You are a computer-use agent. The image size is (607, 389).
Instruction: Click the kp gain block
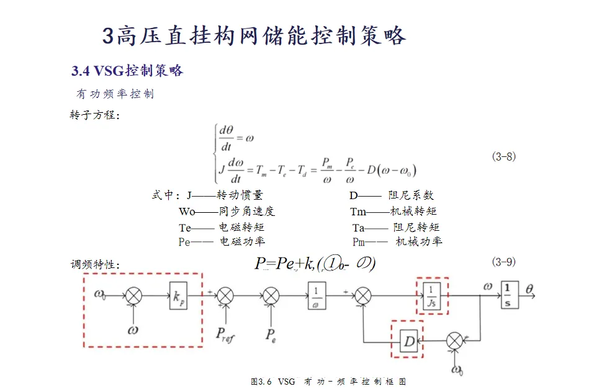[x=178, y=296]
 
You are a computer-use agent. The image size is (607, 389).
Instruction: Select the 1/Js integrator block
[x=431, y=296]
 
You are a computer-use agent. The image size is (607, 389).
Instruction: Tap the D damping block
[x=409, y=341]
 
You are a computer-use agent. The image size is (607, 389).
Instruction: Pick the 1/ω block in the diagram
[x=317, y=296]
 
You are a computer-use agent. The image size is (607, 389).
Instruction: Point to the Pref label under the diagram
[x=225, y=335]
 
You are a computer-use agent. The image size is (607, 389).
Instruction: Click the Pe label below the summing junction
[x=271, y=335]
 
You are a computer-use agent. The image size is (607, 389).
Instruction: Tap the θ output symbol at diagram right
[x=529, y=288]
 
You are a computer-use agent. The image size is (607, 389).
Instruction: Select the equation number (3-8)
[x=503, y=156]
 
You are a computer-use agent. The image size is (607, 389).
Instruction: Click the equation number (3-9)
[x=503, y=262]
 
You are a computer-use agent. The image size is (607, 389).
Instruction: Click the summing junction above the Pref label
[x=226, y=296]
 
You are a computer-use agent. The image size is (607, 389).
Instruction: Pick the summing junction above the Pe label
[x=271, y=296]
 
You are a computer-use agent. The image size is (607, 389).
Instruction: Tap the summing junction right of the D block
[x=456, y=340]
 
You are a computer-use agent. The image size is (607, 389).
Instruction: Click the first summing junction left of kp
[x=133, y=296]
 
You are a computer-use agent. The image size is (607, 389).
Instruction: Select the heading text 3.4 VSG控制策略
[x=127, y=71]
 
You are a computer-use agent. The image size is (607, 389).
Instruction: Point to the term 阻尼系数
[x=407, y=195]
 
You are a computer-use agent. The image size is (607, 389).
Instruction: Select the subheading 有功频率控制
[x=115, y=94]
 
